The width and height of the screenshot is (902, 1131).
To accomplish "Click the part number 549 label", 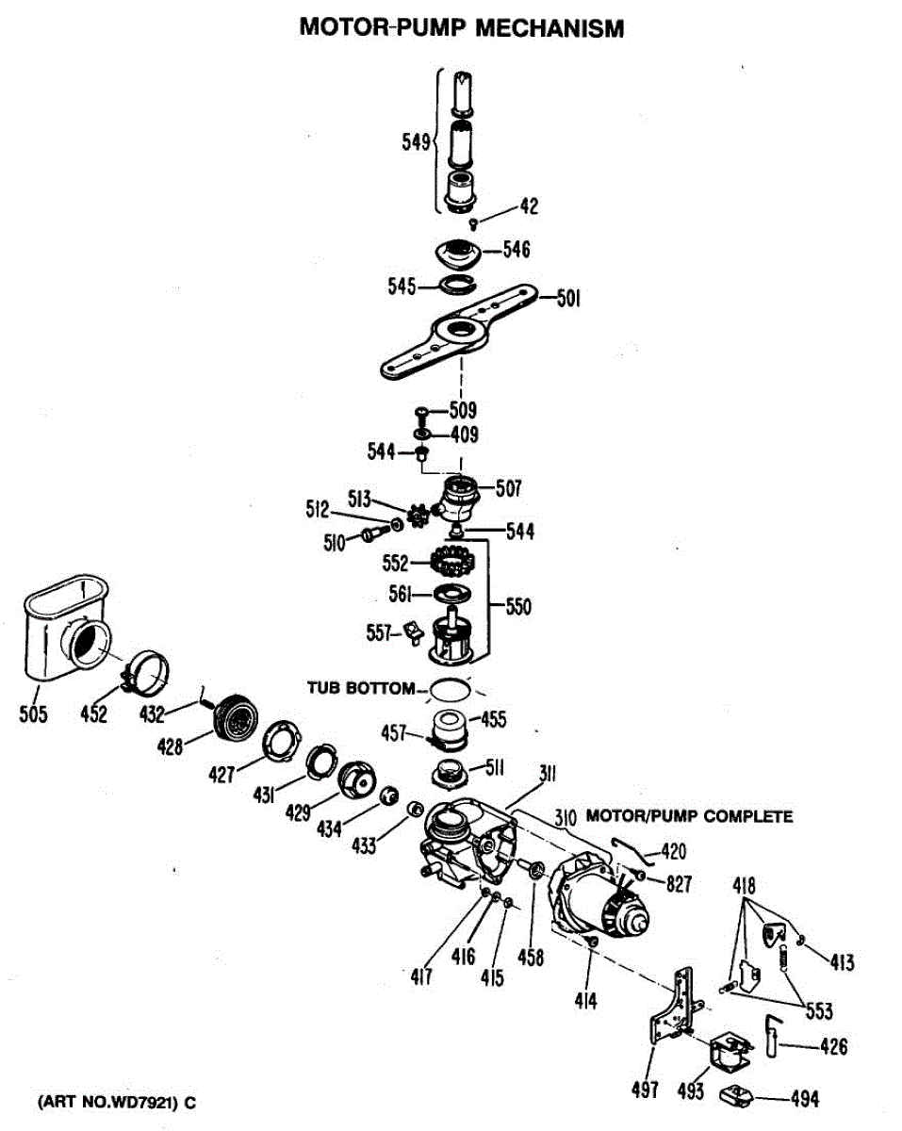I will [x=416, y=142].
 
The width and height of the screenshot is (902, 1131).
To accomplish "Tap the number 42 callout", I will [x=529, y=206].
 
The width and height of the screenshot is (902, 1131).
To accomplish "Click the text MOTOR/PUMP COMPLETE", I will [x=689, y=816].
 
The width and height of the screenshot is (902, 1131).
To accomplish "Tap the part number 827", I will [x=678, y=883].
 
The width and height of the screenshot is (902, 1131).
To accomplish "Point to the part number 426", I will [x=828, y=1046].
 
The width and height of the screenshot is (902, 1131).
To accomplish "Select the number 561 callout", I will [x=402, y=594].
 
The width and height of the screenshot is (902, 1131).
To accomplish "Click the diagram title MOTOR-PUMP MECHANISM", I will [x=461, y=28].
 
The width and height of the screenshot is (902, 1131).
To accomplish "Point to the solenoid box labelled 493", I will [x=728, y=1049].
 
